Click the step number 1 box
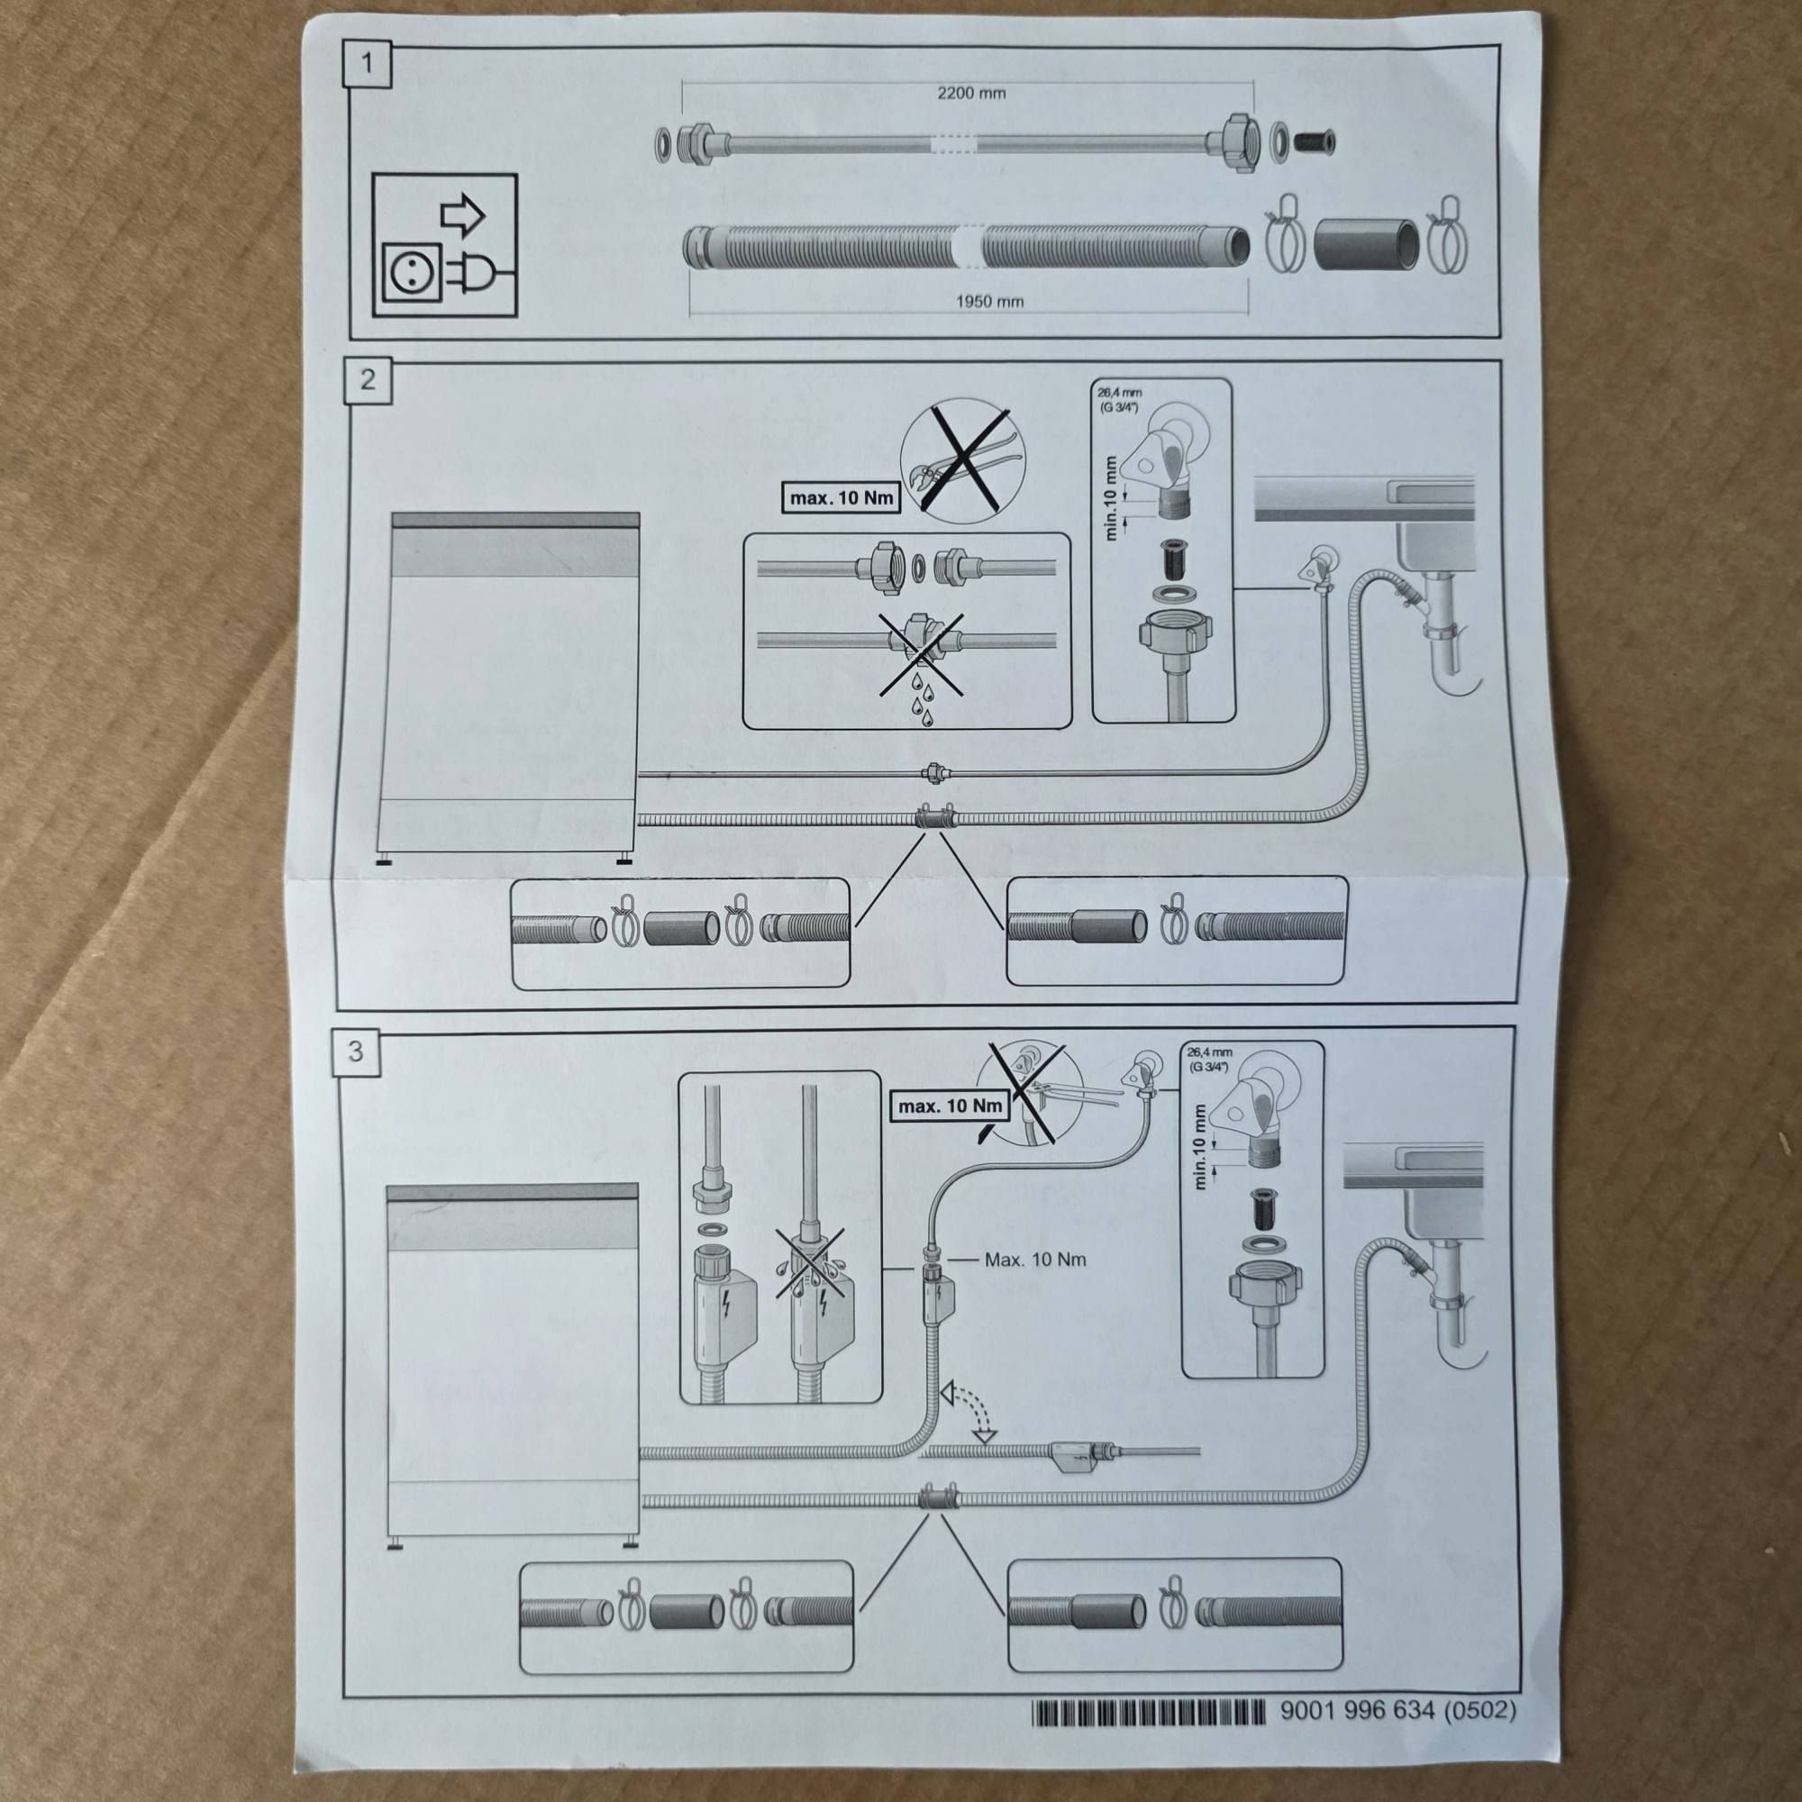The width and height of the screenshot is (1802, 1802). click(367, 63)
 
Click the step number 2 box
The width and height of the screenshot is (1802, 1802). click(368, 379)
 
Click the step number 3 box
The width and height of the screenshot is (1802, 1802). click(355, 1051)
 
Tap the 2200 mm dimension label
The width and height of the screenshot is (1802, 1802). click(971, 94)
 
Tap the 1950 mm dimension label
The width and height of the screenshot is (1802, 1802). click(988, 301)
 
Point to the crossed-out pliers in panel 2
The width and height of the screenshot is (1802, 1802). click(960, 457)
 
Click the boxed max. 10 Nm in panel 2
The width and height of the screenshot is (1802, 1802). click(841, 498)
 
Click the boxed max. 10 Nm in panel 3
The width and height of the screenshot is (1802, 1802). click(950, 1106)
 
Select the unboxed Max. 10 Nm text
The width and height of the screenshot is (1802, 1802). click(1034, 1260)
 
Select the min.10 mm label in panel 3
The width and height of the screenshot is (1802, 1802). click(1199, 1146)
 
